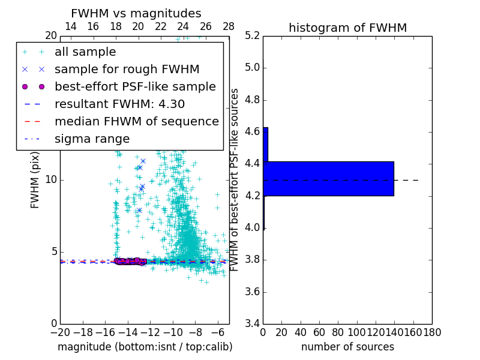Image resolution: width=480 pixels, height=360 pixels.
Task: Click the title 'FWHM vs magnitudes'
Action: [136, 13]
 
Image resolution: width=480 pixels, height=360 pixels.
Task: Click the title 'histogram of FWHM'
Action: [347, 28]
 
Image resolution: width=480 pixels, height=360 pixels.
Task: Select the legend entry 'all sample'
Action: [85, 52]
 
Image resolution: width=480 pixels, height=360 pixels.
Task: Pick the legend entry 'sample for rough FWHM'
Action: [127, 69]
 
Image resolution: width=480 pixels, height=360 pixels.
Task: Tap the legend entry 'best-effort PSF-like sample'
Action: [135, 86]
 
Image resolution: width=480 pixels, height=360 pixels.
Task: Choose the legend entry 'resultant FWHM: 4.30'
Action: [119, 104]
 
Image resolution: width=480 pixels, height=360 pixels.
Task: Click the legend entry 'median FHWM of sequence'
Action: [136, 121]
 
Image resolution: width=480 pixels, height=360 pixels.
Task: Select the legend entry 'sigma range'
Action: [92, 139]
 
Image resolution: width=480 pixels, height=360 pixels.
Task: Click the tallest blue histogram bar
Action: [328, 178]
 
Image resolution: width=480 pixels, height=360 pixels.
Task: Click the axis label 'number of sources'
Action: [347, 347]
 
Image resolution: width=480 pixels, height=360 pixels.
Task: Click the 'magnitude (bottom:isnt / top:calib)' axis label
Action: [145, 347]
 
